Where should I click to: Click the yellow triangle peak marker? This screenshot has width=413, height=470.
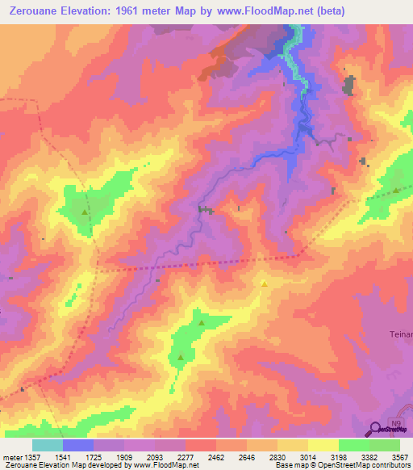[264, 283]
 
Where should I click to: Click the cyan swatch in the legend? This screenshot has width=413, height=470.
[48, 445]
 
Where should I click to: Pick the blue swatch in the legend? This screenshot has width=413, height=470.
[78, 445]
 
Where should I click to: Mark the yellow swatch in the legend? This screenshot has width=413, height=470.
[323, 445]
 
